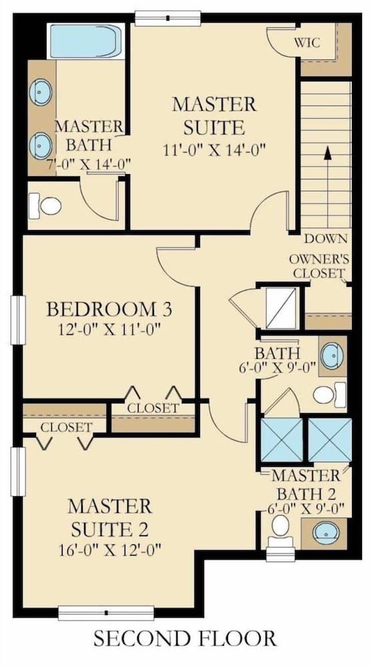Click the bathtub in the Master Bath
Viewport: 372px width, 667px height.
point(86,41)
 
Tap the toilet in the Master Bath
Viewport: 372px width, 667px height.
point(45,206)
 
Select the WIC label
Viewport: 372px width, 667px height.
point(307,43)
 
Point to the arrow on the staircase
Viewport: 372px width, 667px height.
point(327,187)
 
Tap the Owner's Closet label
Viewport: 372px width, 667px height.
point(319,266)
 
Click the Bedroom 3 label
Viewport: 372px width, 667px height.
point(109,309)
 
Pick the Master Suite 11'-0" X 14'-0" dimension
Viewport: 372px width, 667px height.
point(214,149)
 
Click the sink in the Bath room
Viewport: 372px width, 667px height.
point(332,356)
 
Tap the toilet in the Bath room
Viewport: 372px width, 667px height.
point(329,395)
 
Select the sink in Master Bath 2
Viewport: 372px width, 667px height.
point(325,532)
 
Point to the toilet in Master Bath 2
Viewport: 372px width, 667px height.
point(281,532)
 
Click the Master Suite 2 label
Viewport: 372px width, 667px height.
point(109,518)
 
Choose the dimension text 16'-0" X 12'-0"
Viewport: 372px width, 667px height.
point(110,550)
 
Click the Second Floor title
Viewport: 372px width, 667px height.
point(185,639)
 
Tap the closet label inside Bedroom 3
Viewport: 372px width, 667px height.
point(153,408)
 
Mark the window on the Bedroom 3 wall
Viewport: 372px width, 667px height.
point(18,320)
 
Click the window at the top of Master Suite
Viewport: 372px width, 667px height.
point(168,18)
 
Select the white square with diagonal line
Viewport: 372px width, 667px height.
point(281,308)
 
